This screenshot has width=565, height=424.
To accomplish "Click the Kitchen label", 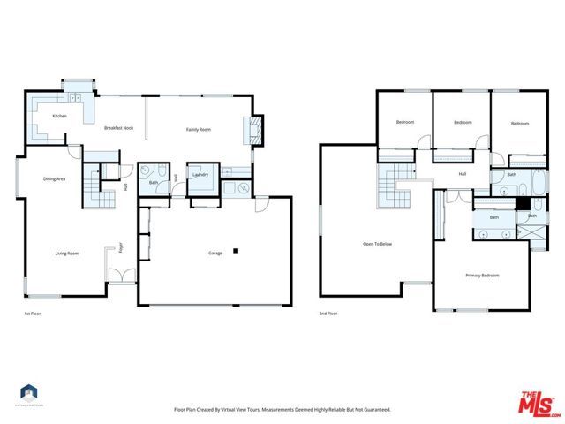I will [x=59, y=116].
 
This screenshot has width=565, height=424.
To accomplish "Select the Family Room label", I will [x=198, y=129].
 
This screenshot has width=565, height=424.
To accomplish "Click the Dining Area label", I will [x=54, y=179].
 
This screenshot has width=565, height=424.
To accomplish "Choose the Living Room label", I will [x=67, y=254].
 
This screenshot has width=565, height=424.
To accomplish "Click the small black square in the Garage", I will [x=236, y=252].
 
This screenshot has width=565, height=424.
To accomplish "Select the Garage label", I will [x=215, y=254].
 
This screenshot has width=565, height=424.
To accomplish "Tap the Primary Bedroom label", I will [x=482, y=276].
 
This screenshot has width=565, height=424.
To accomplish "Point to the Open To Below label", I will [x=377, y=244].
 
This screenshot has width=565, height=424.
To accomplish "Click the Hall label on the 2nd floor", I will [x=462, y=174].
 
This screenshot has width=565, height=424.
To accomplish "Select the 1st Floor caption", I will [x=32, y=314].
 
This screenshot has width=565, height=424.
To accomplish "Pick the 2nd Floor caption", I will [x=328, y=314].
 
